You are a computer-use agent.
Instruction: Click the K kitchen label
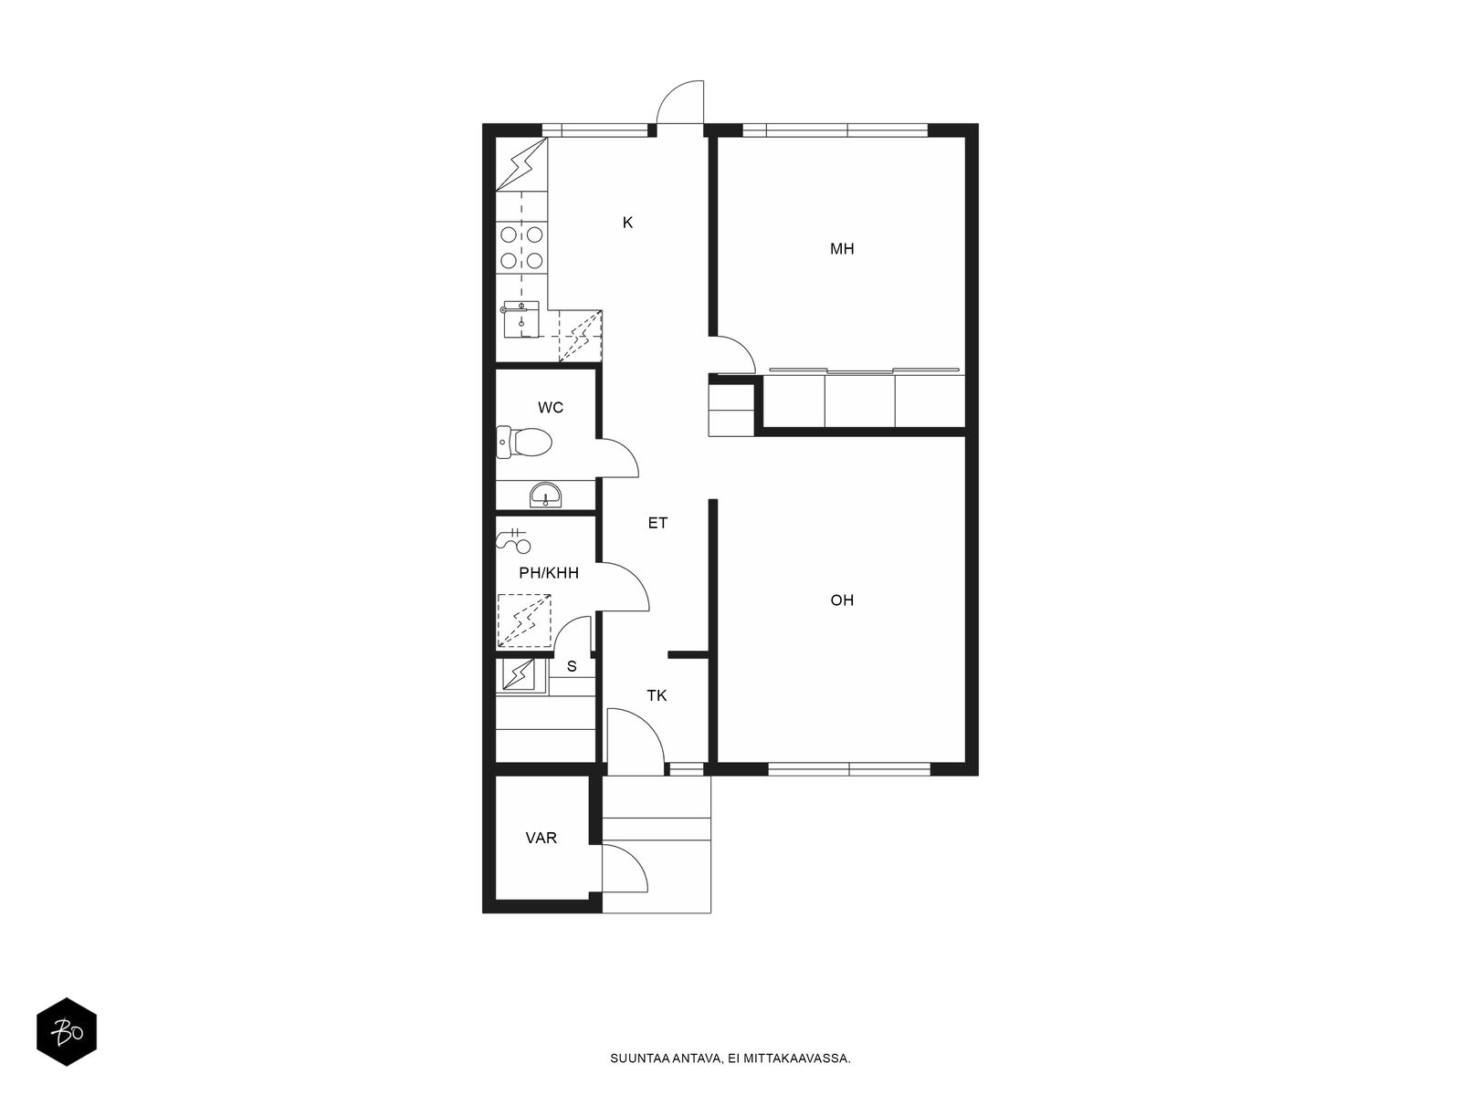coord(627,223)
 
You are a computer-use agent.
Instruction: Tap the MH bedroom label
coord(841,248)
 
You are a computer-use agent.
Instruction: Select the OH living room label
coord(841,600)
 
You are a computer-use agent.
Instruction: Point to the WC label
coord(551,408)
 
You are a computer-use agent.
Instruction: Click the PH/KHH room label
coord(549,572)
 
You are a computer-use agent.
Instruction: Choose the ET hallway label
coord(657,523)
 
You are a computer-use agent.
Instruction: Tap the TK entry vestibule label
coord(657,695)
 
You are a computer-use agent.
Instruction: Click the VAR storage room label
coord(541,838)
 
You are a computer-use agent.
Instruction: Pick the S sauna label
coord(571,667)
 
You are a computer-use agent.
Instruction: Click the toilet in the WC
coord(524,442)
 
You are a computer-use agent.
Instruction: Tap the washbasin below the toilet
coord(545,495)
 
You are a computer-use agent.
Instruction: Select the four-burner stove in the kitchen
coord(521,247)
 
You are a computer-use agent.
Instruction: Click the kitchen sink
coord(521,319)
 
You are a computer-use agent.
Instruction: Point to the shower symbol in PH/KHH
coord(514,541)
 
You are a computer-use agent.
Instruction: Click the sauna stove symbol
coord(518,675)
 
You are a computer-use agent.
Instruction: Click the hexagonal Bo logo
coord(67,1032)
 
